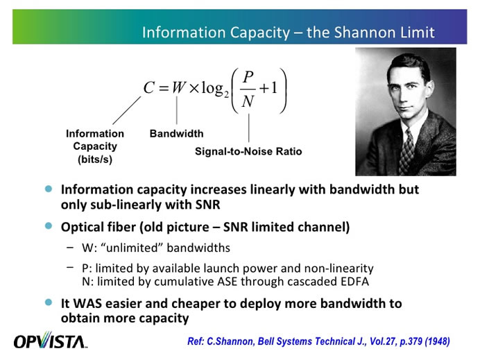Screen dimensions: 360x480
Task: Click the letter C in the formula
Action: click(148, 88)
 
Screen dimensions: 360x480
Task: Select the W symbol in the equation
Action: click(179, 88)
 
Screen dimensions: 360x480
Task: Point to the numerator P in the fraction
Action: click(248, 75)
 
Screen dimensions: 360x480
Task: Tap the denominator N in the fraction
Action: click(248, 103)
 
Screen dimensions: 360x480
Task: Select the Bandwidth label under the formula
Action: click(176, 134)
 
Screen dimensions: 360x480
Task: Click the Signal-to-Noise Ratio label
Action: click(248, 151)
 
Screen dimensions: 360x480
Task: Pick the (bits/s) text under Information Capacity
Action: click(95, 159)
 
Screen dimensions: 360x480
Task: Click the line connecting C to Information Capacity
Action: click(126, 110)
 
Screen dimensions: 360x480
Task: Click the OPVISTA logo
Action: click(49, 341)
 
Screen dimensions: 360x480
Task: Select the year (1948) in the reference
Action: click(434, 341)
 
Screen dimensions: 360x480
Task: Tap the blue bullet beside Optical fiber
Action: click(48, 226)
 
